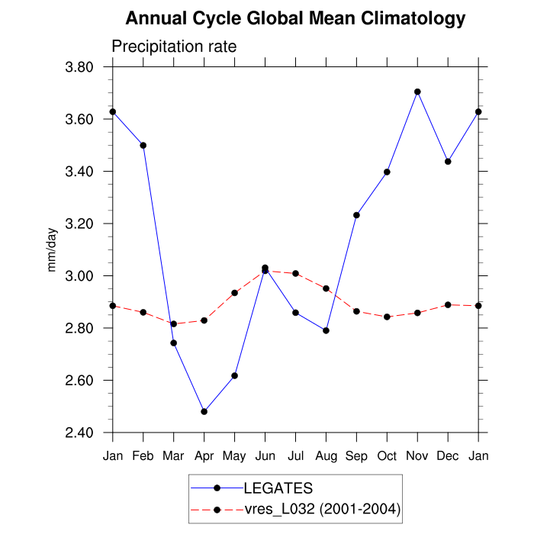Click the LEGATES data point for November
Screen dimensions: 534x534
pos(417,92)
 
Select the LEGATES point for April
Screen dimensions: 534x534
pos(204,411)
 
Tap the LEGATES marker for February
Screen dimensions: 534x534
pos(143,145)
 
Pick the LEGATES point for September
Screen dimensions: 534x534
pos(356,215)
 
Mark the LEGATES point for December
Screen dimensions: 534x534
pos(448,162)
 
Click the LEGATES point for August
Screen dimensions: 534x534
pos(326,330)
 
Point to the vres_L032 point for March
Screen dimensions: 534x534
pos(173,323)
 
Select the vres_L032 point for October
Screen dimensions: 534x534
pos(387,317)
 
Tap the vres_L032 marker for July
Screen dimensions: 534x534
pos(295,273)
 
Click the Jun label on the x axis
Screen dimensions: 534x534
pos(265,456)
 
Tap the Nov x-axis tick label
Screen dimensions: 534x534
pos(417,456)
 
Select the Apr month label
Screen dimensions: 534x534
pos(204,456)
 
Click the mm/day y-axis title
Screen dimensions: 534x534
pos(53,250)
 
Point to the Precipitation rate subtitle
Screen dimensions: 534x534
pos(174,47)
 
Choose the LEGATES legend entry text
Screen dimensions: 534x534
pos(278,487)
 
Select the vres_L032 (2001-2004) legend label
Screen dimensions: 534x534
pos(322,508)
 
